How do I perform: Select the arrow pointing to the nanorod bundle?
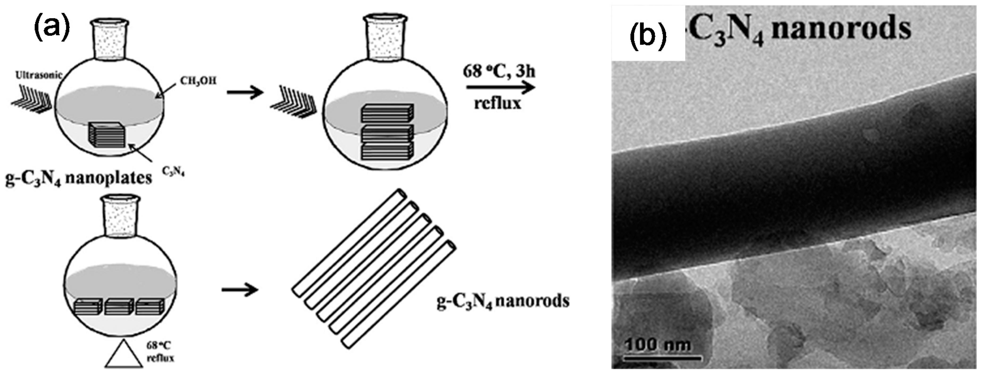point(240,290)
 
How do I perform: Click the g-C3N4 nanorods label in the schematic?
point(503,301)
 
